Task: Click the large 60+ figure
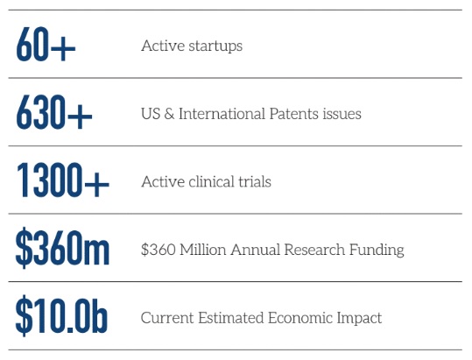click(x=46, y=45)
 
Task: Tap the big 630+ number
click(x=54, y=112)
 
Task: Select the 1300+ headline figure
click(x=63, y=180)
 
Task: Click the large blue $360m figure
click(x=62, y=248)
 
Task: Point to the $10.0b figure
click(x=61, y=315)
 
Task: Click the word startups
click(x=215, y=46)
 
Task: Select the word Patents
click(x=294, y=114)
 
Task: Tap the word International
click(x=222, y=114)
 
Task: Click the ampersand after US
click(x=170, y=114)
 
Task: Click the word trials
click(x=255, y=181)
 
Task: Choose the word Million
click(x=203, y=250)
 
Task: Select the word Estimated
click(x=230, y=318)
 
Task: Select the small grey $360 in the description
click(x=158, y=250)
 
